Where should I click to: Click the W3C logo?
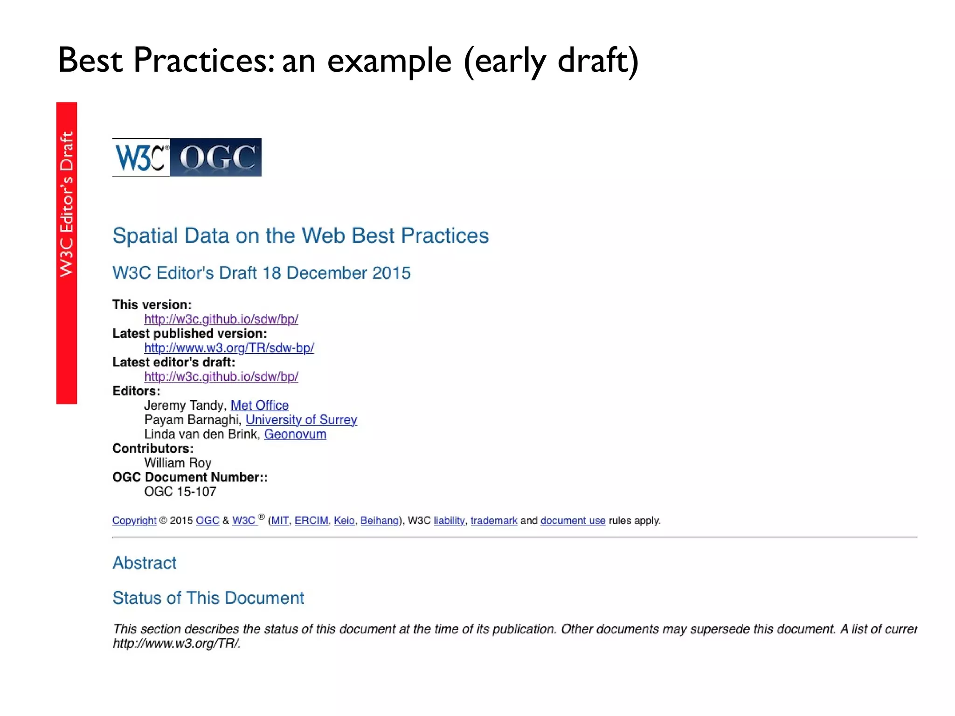pyautogui.click(x=141, y=158)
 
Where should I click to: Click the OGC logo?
pyautogui.click(x=215, y=158)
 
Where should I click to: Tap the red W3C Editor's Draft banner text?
pyautogui.click(x=67, y=204)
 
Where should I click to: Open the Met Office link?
pyautogui.click(x=259, y=405)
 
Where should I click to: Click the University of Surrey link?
pyautogui.click(x=301, y=420)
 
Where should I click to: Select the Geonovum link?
pyautogui.click(x=295, y=434)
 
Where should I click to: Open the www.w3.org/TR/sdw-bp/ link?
pyautogui.click(x=229, y=348)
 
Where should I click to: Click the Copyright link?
pyautogui.click(x=134, y=521)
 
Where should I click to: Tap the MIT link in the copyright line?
pyautogui.click(x=280, y=521)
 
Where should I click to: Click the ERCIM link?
pyautogui.click(x=311, y=521)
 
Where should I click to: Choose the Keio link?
pyautogui.click(x=344, y=521)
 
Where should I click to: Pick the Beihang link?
pyautogui.click(x=380, y=521)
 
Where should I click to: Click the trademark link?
pyautogui.click(x=494, y=521)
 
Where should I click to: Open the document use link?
pyautogui.click(x=573, y=521)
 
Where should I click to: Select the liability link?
pyautogui.click(x=449, y=521)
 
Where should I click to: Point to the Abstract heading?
pyautogui.click(x=145, y=563)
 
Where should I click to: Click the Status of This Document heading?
pyautogui.click(x=208, y=598)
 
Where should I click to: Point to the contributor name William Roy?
pyautogui.click(x=178, y=463)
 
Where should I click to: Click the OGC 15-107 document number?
pyautogui.click(x=180, y=492)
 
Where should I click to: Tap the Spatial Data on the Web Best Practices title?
pyautogui.click(x=300, y=236)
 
